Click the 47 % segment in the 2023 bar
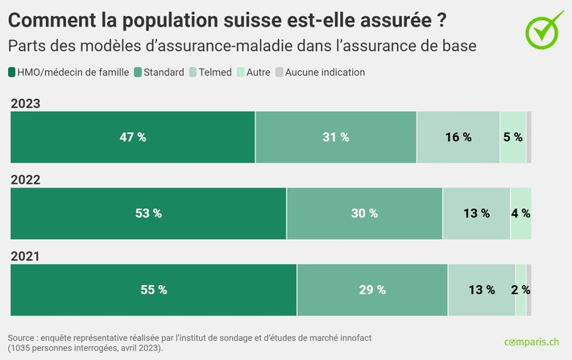[133, 137]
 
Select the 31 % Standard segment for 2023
[336, 137]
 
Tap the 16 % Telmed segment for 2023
[458, 137]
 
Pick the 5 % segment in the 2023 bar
[512, 137]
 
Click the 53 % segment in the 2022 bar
[148, 213]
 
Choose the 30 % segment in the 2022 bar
[364, 213]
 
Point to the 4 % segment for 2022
[520, 213]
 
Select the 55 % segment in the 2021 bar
[153, 290]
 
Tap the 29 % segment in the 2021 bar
[372, 290]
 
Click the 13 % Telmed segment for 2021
[481, 290]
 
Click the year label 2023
[25, 103]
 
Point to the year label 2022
[25, 180]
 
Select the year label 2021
[25, 256]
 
